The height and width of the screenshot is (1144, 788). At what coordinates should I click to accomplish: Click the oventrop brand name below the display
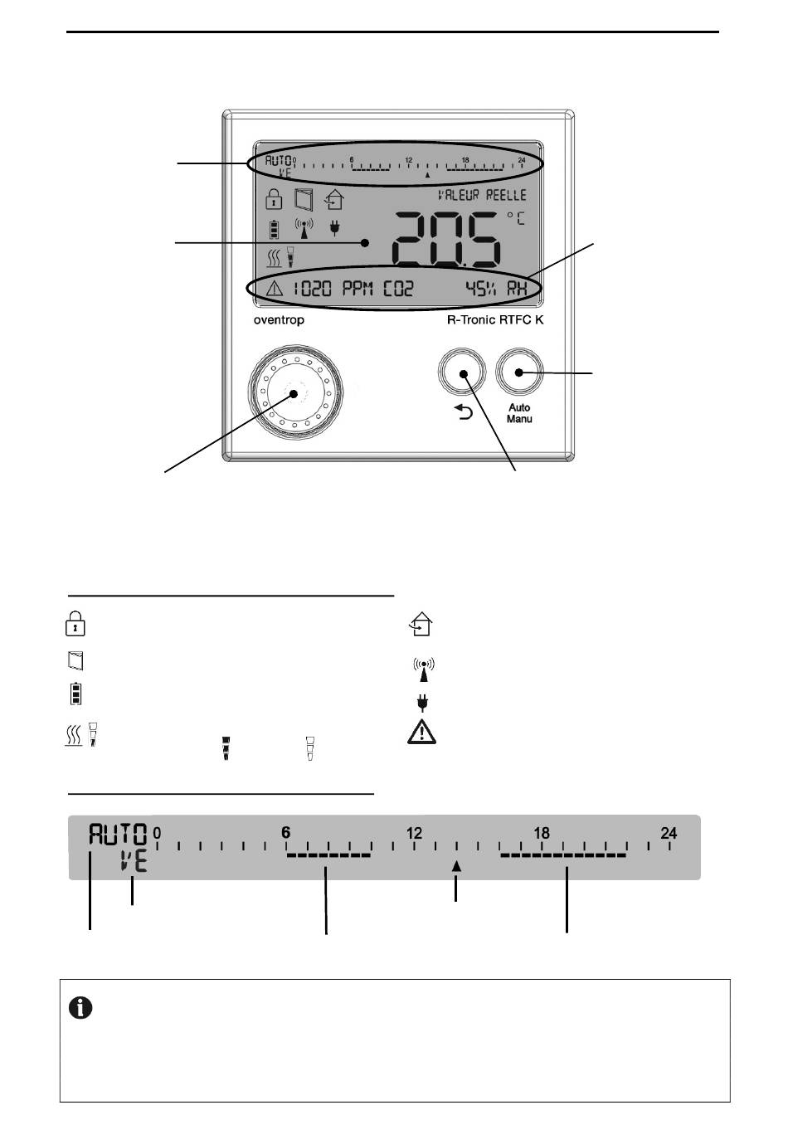279,320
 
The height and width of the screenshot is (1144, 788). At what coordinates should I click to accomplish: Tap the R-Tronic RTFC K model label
495,319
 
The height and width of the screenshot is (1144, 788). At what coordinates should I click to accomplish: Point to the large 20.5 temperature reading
445,239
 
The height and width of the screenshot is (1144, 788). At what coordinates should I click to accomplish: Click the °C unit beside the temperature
515,218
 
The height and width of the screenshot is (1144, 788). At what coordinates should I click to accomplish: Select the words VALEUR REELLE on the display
482,195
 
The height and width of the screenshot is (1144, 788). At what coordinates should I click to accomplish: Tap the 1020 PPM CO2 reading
352,289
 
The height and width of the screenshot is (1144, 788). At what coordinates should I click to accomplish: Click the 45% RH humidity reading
495,289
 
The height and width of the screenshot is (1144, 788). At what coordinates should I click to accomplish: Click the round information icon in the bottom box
80,1008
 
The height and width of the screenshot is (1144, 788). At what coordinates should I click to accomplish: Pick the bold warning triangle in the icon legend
421,733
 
